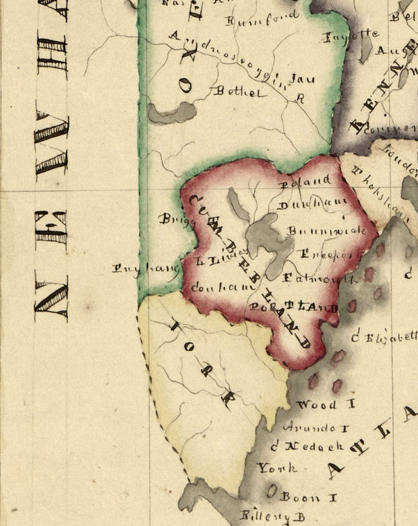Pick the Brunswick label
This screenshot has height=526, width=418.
(326, 231)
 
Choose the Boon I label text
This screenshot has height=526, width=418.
(299, 496)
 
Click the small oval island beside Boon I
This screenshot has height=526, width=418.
(271, 492)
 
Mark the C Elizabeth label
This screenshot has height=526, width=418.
(386, 337)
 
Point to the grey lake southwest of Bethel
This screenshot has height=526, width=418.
(172, 112)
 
